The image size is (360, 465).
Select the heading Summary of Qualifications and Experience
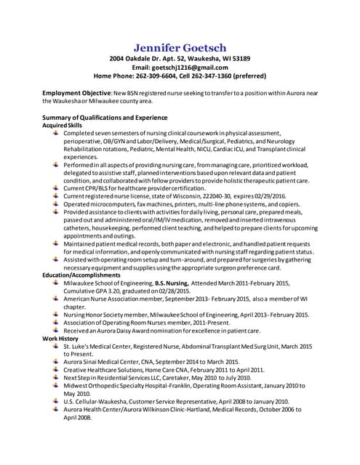click(x=105, y=117)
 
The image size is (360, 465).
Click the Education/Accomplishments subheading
click(x=81, y=275)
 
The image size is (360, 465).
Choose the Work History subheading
click(x=60, y=339)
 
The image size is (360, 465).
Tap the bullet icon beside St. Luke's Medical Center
click(x=56, y=347)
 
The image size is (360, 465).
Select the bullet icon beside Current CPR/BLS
click(x=56, y=187)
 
